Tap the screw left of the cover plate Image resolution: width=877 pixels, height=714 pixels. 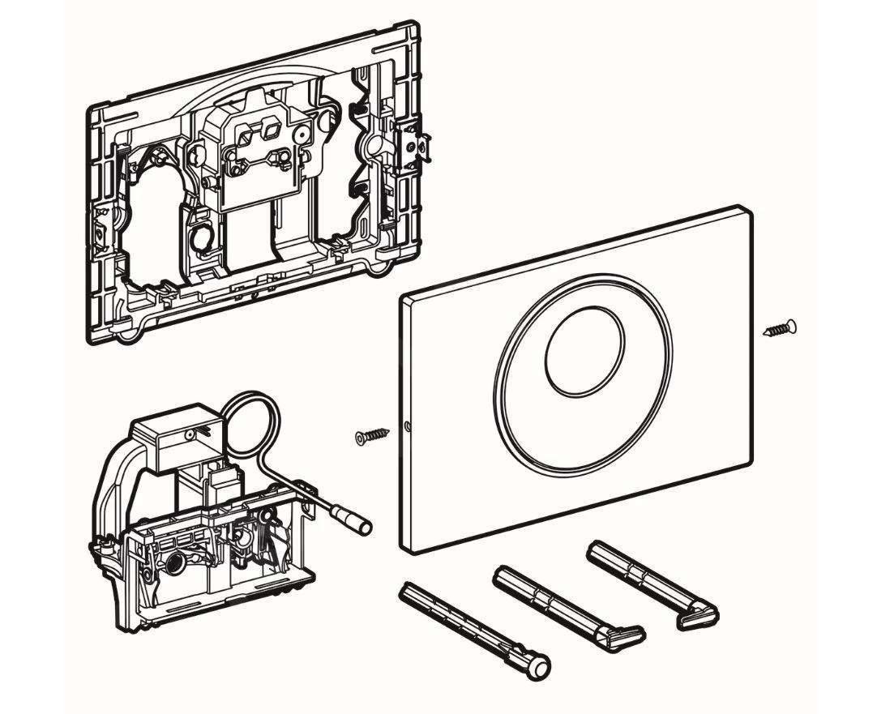point(373,437)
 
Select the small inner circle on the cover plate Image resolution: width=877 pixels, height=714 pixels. point(584,356)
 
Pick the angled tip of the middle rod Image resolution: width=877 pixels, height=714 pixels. point(627,636)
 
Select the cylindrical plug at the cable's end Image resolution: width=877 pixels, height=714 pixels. point(357,524)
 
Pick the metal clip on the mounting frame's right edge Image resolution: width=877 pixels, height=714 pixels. point(416,147)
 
